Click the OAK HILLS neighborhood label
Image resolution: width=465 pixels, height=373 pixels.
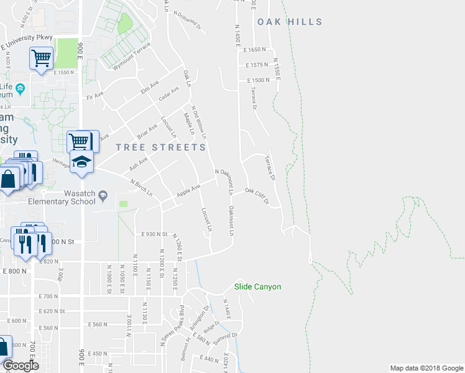[x=290, y=22]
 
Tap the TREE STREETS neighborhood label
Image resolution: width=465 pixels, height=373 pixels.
[x=161, y=147]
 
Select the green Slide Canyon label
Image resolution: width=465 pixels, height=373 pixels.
[x=257, y=287]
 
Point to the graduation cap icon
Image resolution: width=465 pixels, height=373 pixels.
[x=81, y=162]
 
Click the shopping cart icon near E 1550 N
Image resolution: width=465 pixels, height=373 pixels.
[x=41, y=59]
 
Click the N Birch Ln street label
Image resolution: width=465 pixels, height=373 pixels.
[x=142, y=188]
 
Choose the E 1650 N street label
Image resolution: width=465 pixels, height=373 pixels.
[x=256, y=49]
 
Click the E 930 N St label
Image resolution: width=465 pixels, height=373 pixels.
[x=155, y=234]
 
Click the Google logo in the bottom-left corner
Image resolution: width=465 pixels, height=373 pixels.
[x=21, y=366]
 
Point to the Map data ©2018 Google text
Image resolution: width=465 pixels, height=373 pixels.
[x=426, y=368]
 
